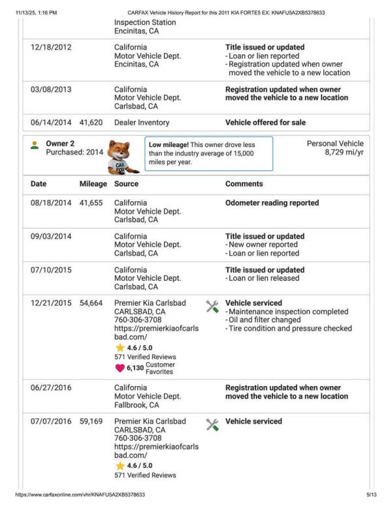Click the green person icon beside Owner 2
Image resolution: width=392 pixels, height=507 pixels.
point(35,144)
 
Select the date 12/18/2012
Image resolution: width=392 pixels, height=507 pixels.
point(51,48)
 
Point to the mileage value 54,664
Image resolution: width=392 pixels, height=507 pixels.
point(91,303)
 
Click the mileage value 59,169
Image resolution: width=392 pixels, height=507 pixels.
point(91,421)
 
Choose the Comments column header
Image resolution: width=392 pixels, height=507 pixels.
point(244,184)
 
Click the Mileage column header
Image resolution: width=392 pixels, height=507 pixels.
point(93,184)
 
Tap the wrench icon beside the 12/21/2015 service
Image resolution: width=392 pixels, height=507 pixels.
point(212,306)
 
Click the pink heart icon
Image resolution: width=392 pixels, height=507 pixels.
point(120,368)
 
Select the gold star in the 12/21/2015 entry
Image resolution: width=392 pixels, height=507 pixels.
point(120,348)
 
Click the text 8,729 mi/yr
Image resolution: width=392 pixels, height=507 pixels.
point(344,152)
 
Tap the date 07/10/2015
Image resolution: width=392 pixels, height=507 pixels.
point(51,270)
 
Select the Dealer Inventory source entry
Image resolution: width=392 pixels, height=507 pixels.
point(142,122)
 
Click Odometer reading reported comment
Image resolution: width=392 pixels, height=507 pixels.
point(272,203)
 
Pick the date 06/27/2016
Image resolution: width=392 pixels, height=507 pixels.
point(51,388)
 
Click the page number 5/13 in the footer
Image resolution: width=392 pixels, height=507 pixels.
point(372,495)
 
